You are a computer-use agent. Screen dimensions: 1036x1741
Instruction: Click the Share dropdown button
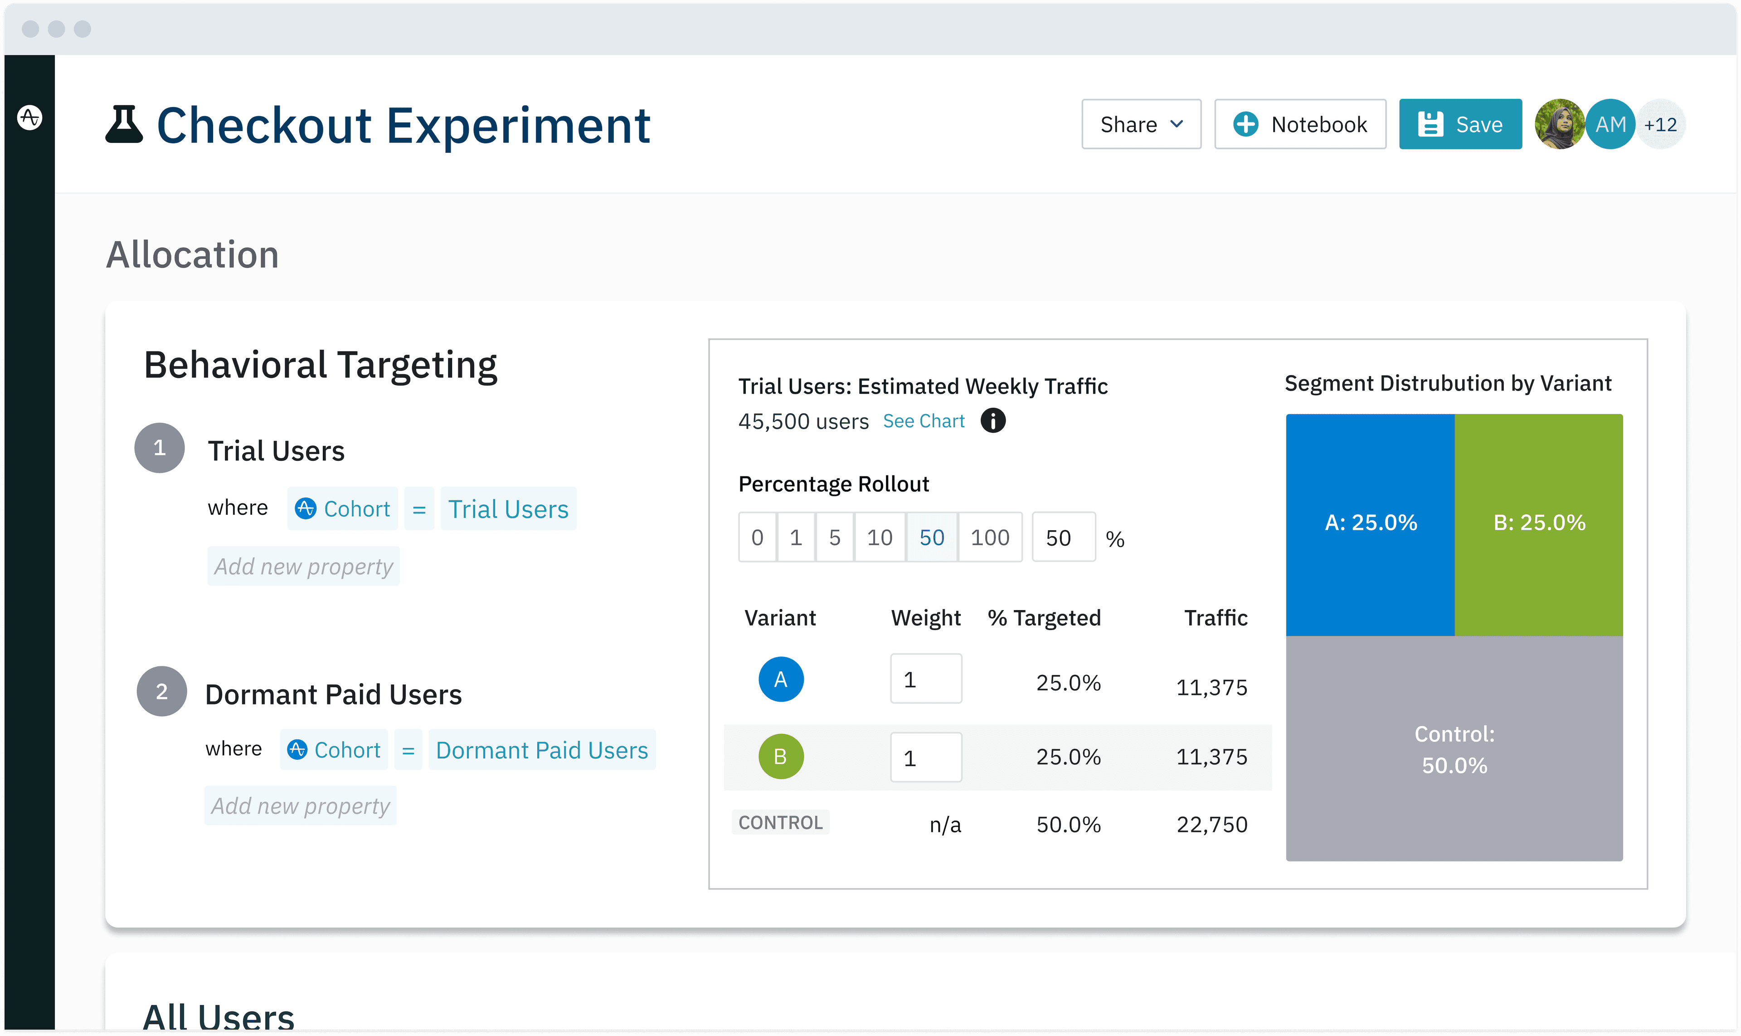(1141, 124)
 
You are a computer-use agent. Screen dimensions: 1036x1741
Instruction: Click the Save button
(1460, 124)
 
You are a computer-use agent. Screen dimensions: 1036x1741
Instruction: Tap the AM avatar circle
(1610, 124)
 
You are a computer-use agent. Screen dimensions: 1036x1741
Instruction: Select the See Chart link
(923, 421)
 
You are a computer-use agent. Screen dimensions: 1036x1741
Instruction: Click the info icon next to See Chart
(992, 421)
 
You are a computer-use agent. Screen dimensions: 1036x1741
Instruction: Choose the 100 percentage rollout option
(989, 537)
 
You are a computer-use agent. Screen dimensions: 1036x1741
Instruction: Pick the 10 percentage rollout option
(879, 537)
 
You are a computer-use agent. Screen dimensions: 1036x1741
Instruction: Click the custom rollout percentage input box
(1063, 537)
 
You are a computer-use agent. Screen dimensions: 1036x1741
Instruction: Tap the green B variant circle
(780, 756)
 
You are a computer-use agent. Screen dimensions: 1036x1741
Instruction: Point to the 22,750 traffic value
(1211, 825)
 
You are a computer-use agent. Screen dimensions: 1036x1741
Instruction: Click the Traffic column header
(1216, 618)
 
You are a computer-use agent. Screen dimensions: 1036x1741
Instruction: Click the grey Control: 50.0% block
(1454, 748)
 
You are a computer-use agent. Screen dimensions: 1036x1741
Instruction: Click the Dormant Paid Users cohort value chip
(541, 750)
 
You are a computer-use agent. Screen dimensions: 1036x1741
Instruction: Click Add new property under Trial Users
(303, 566)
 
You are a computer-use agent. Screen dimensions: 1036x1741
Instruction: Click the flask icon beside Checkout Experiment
(124, 124)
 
